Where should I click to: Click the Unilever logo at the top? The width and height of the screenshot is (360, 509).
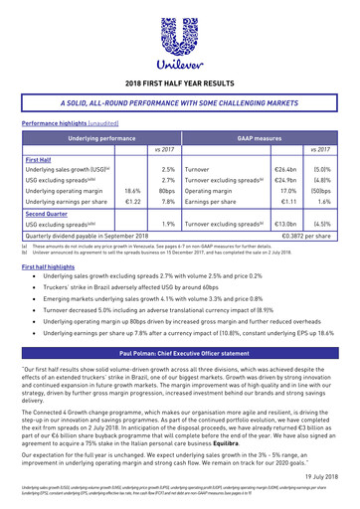tap(181, 39)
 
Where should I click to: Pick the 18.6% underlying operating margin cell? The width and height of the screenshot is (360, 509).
tap(129, 187)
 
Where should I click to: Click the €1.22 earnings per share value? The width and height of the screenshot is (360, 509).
tap(130, 202)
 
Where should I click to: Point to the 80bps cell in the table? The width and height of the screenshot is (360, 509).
tap(165, 187)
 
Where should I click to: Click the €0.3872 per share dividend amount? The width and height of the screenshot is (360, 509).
tap(309, 239)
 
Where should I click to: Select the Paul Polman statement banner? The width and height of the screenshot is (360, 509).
tap(180, 353)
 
